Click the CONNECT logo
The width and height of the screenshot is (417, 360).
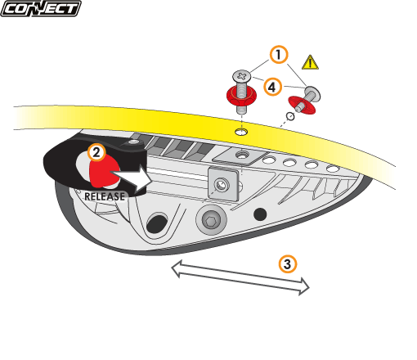click(x=41, y=8)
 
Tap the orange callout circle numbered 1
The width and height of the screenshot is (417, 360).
click(x=279, y=55)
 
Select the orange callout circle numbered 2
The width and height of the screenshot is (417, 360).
click(x=96, y=152)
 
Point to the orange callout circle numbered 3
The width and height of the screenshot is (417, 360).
click(x=288, y=263)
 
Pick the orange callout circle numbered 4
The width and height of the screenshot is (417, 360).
click(x=272, y=88)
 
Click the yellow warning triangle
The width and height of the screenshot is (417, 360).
click(x=310, y=62)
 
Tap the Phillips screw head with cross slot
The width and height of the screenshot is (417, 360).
click(x=241, y=76)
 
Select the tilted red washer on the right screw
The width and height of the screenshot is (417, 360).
click(x=302, y=105)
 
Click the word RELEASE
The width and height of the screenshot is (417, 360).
click(x=105, y=196)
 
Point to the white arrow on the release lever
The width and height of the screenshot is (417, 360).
click(x=132, y=178)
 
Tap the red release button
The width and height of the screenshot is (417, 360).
click(x=104, y=170)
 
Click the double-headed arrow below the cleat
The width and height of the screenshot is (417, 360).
click(x=240, y=277)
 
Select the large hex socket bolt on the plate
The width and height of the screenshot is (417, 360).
click(x=211, y=219)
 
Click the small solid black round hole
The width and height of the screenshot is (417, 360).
click(x=260, y=214)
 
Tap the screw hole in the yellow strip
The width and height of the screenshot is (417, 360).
click(x=241, y=132)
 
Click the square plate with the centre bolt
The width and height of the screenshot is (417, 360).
click(x=223, y=184)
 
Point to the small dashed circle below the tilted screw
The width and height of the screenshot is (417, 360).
click(x=290, y=116)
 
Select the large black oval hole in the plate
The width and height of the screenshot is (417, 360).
click(x=157, y=223)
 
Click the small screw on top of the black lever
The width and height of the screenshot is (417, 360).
click(x=133, y=142)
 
